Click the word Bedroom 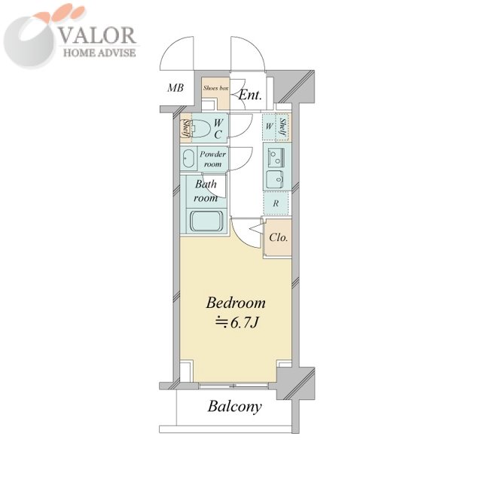pyautogui.click(x=236, y=303)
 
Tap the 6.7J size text pyautogui.click(x=236, y=322)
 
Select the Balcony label pyautogui.click(x=234, y=407)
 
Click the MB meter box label pyautogui.click(x=175, y=88)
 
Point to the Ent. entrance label pyautogui.click(x=250, y=95)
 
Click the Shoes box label pyautogui.click(x=216, y=88)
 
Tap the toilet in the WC pyautogui.click(x=201, y=129)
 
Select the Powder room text pyautogui.click(x=212, y=159)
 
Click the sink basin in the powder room pyautogui.click(x=188, y=159)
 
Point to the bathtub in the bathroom pyautogui.click(x=206, y=221)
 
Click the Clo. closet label pyautogui.click(x=279, y=237)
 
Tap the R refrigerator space pyautogui.click(x=276, y=203)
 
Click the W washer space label pyautogui.click(x=269, y=126)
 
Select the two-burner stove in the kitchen pyautogui.click(x=276, y=157)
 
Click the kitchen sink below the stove pyautogui.click(x=275, y=179)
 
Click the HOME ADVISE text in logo pyautogui.click(x=99, y=53)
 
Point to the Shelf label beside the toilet pyautogui.click(x=186, y=129)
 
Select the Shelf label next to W pyautogui.click(x=283, y=128)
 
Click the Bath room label pyautogui.click(x=206, y=191)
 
